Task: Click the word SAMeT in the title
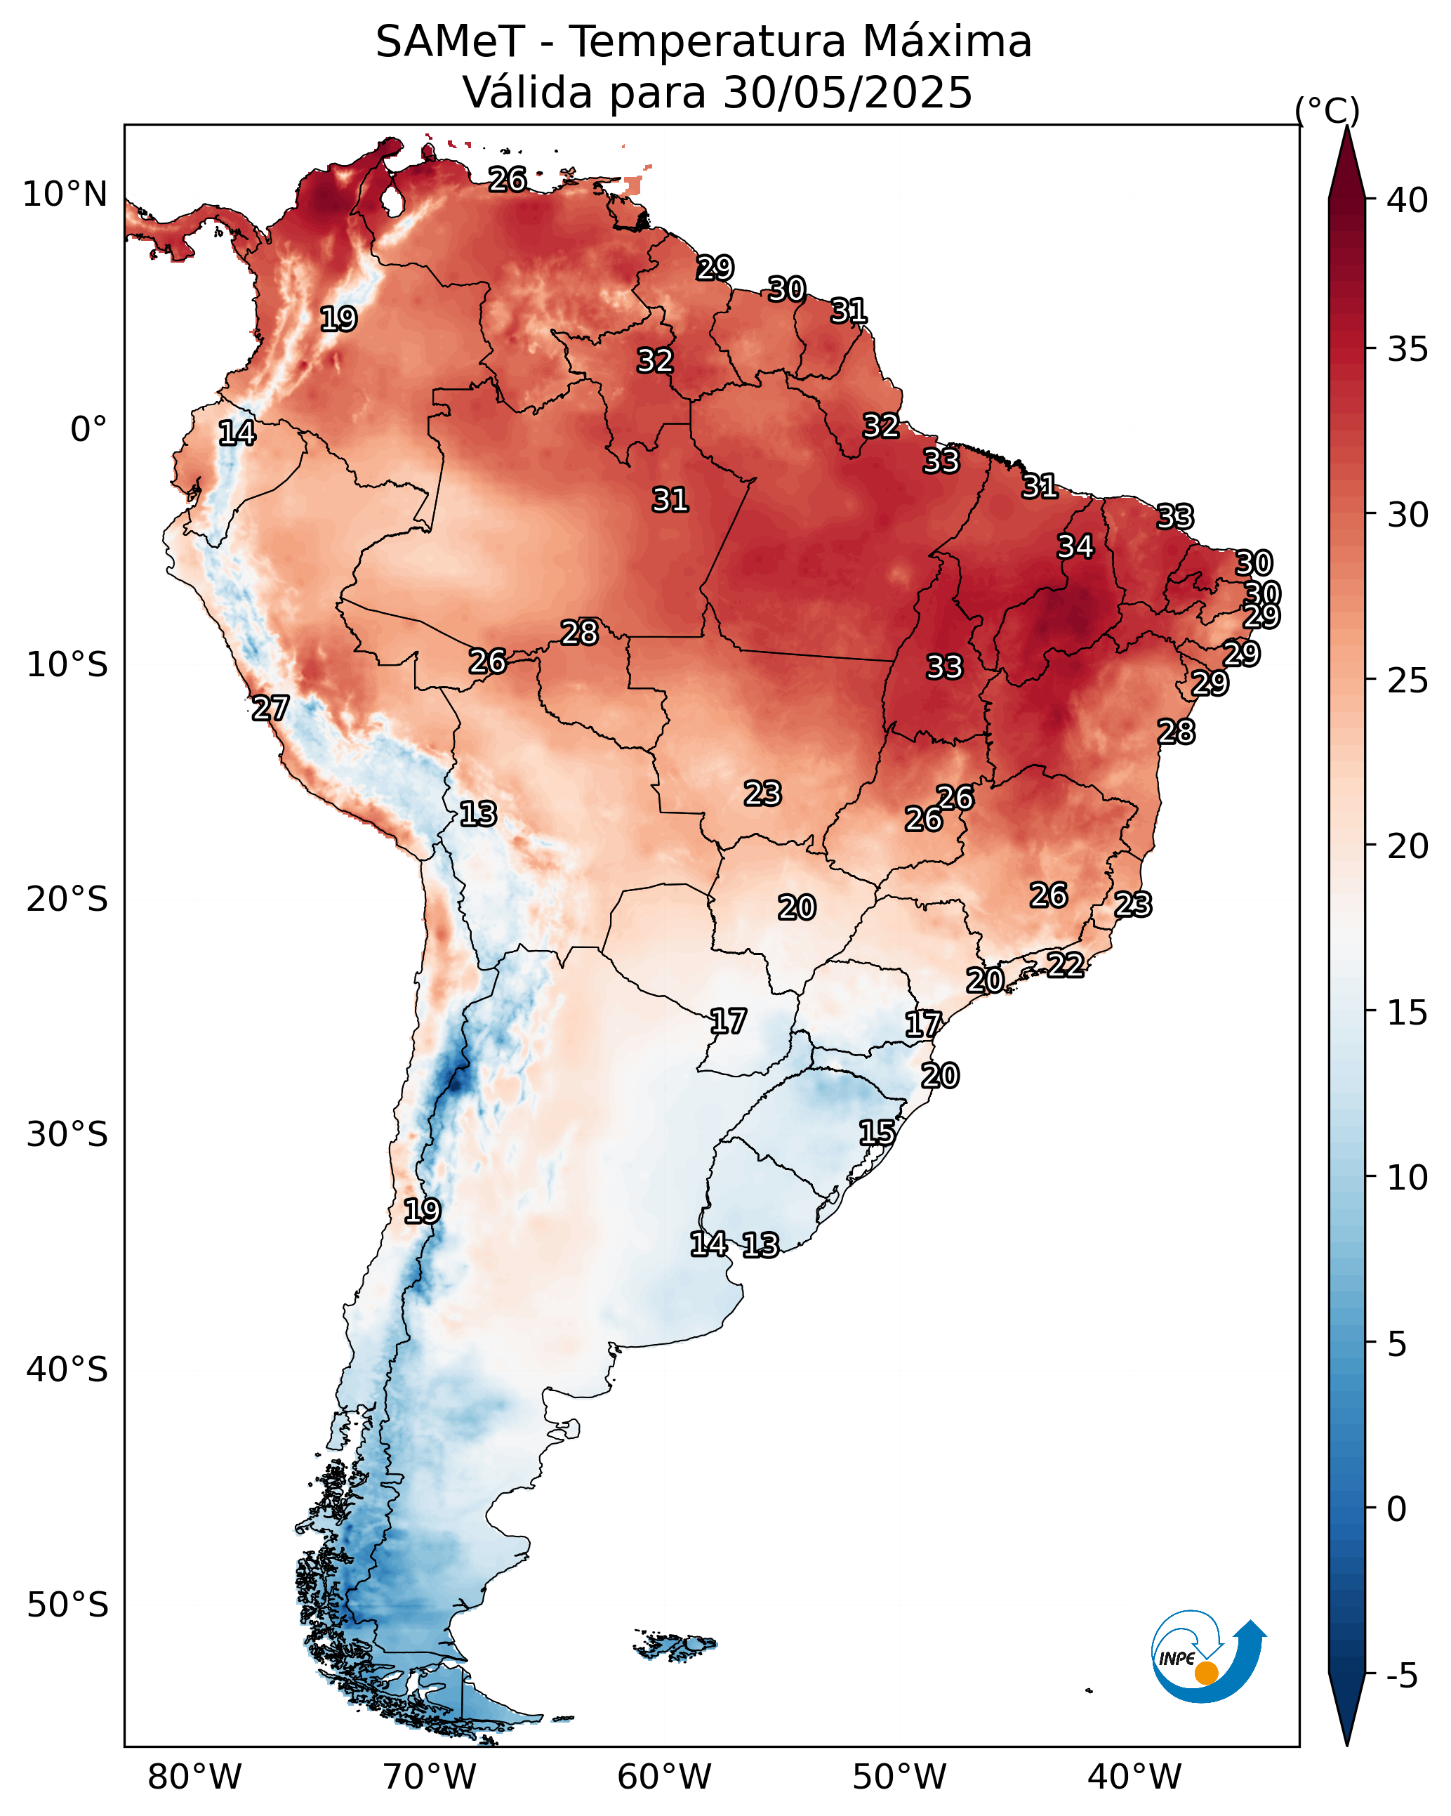[x=450, y=42]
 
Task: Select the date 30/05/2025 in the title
[x=847, y=93]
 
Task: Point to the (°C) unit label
[x=1326, y=110]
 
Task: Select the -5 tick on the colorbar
[x=1401, y=1676]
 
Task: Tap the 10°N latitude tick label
[x=65, y=195]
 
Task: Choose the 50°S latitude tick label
[x=67, y=1605]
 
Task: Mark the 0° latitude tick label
[x=88, y=430]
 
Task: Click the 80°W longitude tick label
[x=194, y=1777]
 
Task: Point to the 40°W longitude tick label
[x=1134, y=1777]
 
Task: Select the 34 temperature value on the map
[x=1075, y=546]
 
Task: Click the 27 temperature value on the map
[x=270, y=709]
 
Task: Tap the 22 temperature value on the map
[x=1066, y=964]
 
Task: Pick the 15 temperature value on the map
[x=877, y=1133]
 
